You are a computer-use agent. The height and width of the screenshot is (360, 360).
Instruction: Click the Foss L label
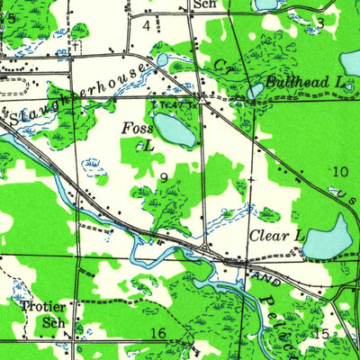tap(139, 136)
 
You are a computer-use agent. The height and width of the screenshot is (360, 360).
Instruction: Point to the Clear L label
tap(276, 236)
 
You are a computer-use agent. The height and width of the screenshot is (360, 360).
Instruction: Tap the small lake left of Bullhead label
tap(256, 90)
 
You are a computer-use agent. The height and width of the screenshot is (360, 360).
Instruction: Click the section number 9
tap(164, 177)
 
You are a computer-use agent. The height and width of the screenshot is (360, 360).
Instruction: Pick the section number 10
tap(339, 171)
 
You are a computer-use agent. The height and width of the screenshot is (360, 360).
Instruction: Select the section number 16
tap(157, 334)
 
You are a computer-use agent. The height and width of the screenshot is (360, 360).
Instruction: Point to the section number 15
tap(321, 334)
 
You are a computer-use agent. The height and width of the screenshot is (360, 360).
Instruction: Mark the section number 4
tap(146, 24)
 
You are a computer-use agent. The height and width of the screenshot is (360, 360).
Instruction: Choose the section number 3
tap(319, 22)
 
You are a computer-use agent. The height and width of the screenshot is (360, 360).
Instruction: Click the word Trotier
tap(42, 305)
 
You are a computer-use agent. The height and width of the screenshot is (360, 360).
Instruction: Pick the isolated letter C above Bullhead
tap(220, 65)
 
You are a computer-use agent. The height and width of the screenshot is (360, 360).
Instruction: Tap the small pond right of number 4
tap(162, 59)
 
